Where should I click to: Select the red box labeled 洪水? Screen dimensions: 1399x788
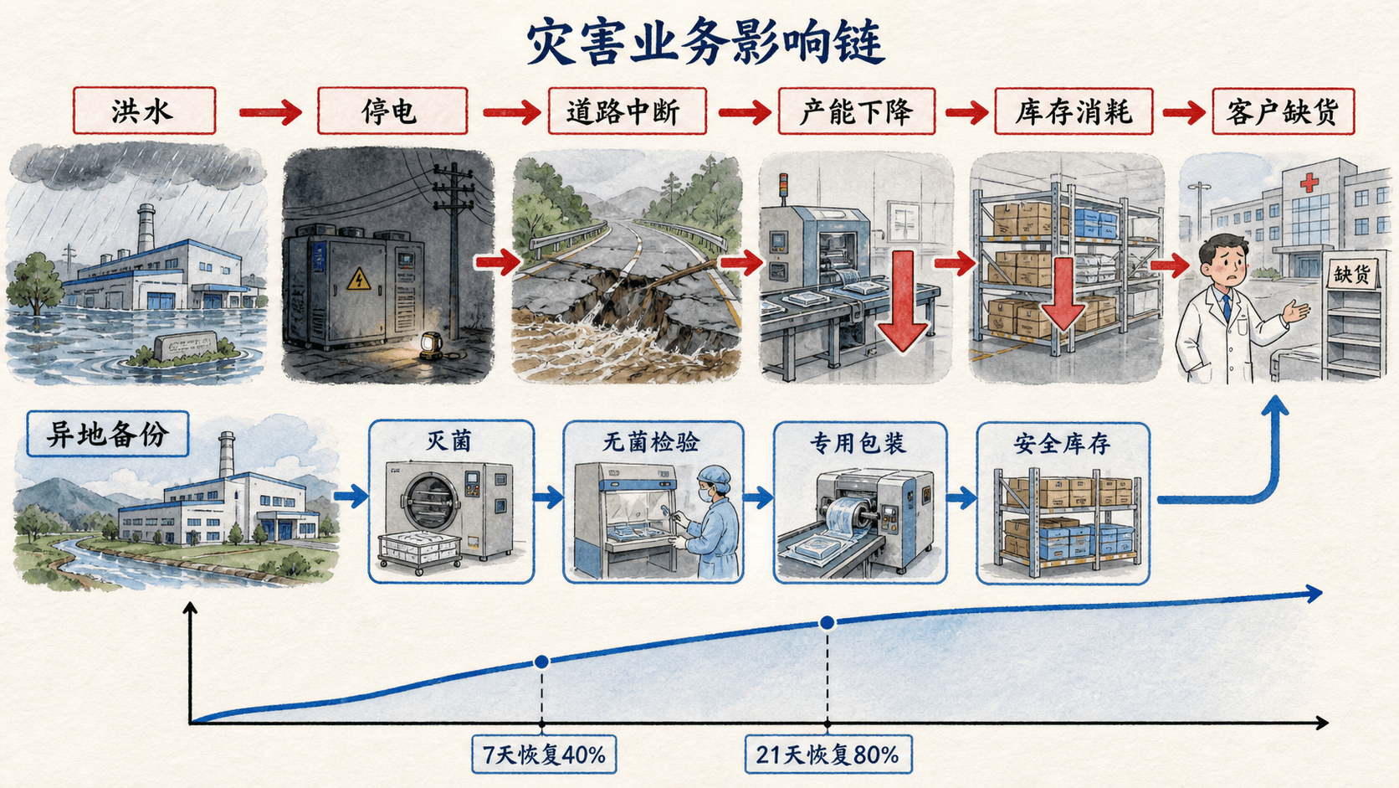point(144,111)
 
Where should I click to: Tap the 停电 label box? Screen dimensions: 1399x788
point(392,111)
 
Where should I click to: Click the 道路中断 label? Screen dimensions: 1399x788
point(627,111)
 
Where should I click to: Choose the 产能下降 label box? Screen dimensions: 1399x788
point(856,111)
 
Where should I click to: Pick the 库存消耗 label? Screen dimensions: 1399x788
point(1074,111)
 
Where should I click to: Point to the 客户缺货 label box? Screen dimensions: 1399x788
point(1284,111)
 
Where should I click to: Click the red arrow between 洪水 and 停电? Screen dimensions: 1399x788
point(270,112)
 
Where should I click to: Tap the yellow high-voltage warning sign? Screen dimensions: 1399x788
point(358,280)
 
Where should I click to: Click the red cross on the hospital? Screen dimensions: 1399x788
point(1309,183)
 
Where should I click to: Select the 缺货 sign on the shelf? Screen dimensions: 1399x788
point(1352,272)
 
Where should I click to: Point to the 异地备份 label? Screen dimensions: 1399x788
point(107,434)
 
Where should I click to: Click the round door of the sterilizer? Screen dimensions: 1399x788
point(429,502)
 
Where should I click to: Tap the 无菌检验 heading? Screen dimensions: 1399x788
point(651,442)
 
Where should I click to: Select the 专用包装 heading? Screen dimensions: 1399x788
point(857,443)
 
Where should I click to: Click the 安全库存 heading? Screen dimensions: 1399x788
point(1063,444)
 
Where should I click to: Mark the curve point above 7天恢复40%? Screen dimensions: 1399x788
point(542,662)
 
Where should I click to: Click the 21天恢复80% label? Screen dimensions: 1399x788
point(828,755)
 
